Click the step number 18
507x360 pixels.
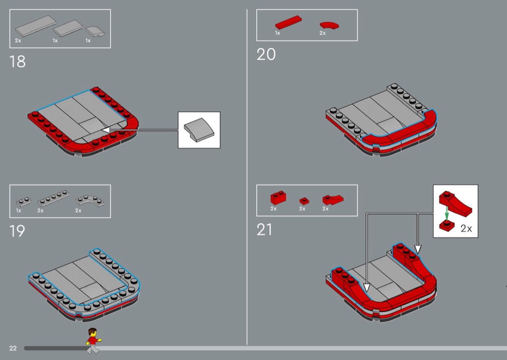[17, 62]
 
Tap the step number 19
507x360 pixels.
[17, 231]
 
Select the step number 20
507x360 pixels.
[266, 55]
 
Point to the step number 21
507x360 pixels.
[265, 230]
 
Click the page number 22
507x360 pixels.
[13, 348]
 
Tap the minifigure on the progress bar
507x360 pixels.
[93, 340]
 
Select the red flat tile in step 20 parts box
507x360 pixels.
[288, 23]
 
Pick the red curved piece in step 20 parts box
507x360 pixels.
[329, 24]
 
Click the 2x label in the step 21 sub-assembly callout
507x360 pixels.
[466, 229]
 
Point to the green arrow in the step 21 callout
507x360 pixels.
[447, 213]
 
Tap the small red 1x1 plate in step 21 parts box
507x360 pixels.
[304, 201]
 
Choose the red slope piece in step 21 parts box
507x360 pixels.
[332, 199]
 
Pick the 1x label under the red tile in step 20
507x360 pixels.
[278, 33]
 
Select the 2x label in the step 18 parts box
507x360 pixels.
[18, 41]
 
